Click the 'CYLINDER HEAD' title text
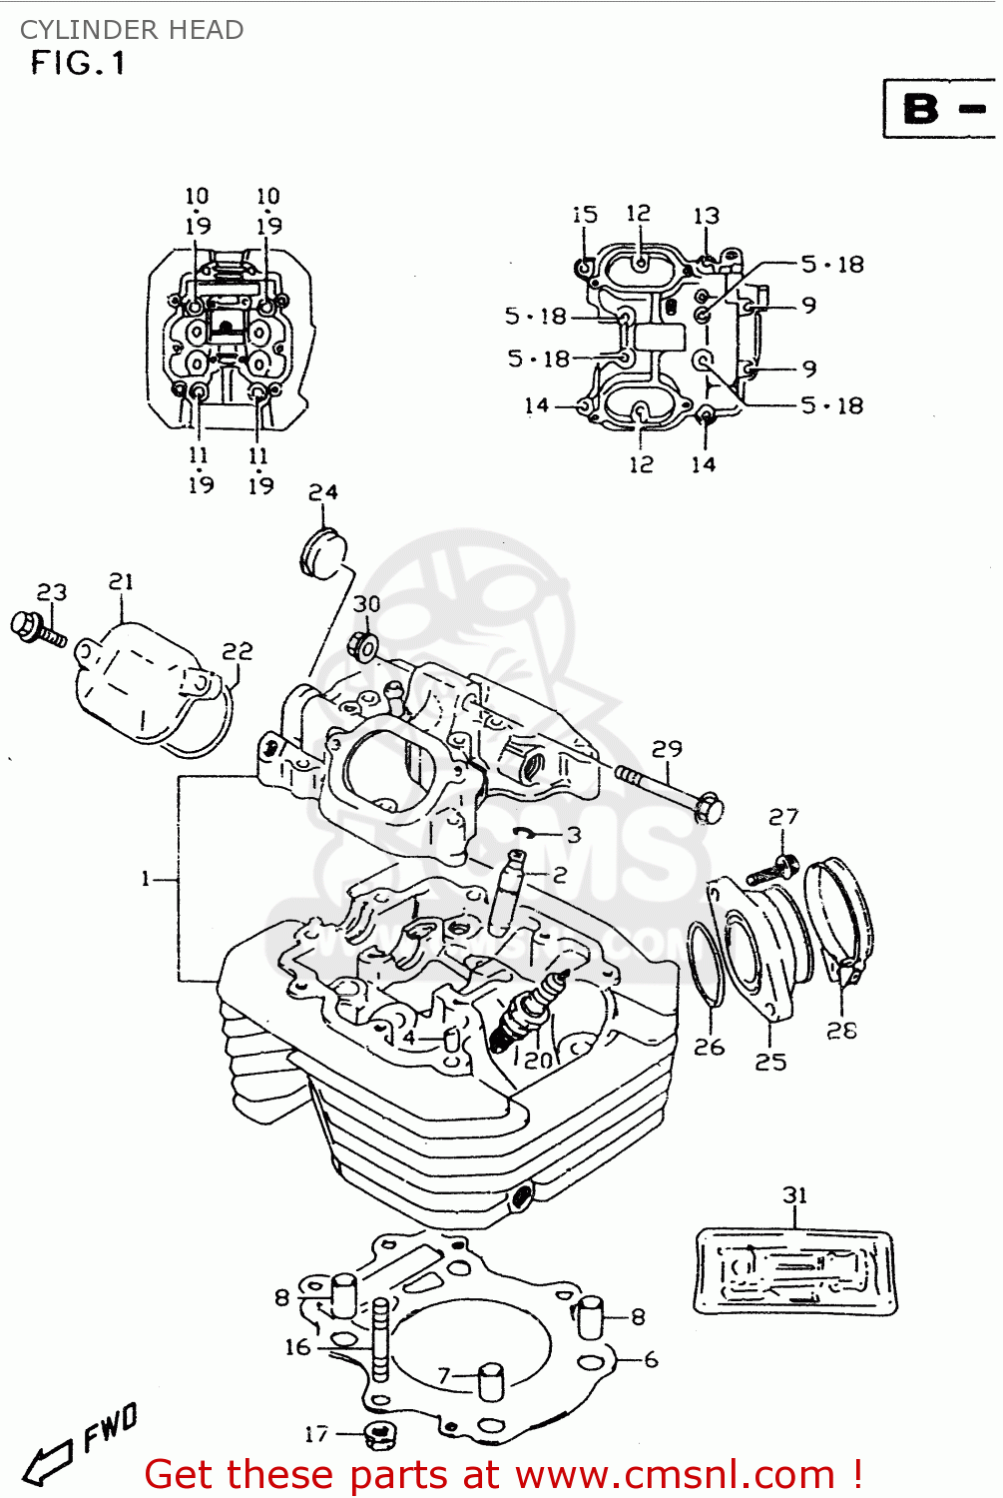click(132, 30)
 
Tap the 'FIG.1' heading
click(78, 64)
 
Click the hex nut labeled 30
click(364, 647)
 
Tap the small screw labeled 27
click(773, 869)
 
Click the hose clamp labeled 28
click(844, 919)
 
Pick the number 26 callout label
click(709, 1047)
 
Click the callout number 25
click(769, 1062)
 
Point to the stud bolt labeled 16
click(380, 1338)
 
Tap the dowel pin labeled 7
click(492, 1383)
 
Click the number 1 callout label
click(146, 879)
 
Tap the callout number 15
click(585, 215)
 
